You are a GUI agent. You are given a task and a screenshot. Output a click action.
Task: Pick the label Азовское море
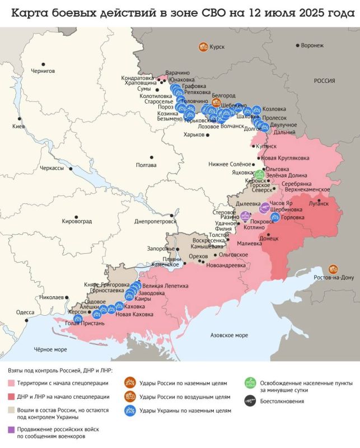tap(228, 335)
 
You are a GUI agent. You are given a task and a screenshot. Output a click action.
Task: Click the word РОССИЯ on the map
tap(324, 81)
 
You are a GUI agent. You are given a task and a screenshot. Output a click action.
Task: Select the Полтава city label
tap(146, 165)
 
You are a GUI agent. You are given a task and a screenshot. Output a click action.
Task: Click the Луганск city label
tap(320, 205)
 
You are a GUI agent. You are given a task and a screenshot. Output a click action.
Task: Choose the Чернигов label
tap(43, 71)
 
